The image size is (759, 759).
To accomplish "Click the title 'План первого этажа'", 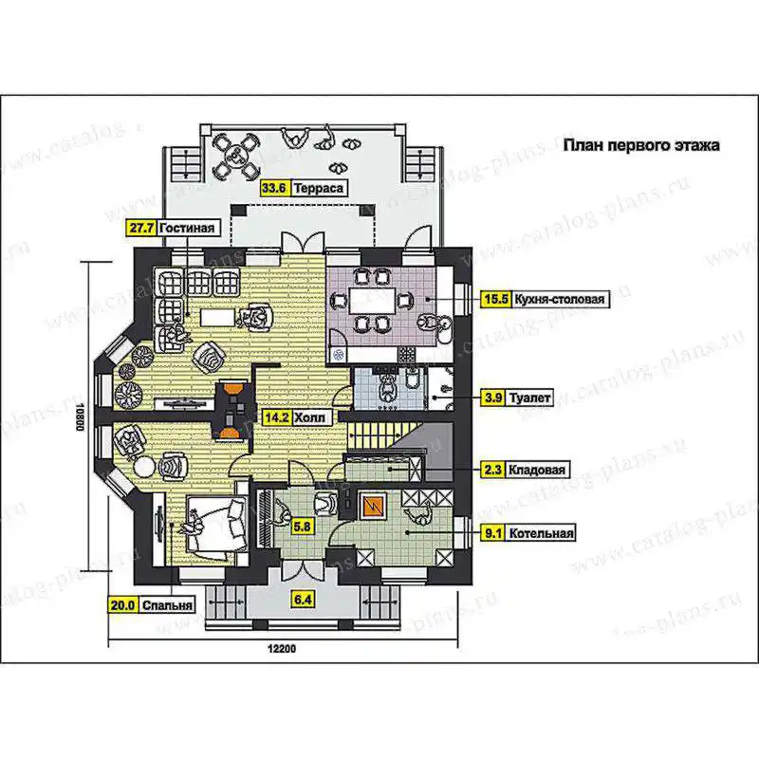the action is pos(641,145).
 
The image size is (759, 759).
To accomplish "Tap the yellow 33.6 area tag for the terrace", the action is pos(274,187).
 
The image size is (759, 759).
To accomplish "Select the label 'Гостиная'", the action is pos(187,228).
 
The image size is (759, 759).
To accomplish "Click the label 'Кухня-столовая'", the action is pos(560,299).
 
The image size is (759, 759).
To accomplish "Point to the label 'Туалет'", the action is pos(529,398).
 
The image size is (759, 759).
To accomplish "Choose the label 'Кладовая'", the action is pos(536,470).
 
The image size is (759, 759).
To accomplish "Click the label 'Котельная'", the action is pos(541,533).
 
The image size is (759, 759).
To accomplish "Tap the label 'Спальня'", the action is pos(168,604).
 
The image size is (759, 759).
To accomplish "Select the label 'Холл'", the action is pos(310,417).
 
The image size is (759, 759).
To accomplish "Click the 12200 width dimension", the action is pos(282,649).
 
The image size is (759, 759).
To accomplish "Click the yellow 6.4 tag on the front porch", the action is pos(303,600).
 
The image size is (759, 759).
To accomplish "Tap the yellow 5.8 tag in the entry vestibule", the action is pos(302,526).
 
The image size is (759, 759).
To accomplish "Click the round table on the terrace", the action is pos(236,156).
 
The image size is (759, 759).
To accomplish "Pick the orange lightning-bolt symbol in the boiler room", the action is pos(373,506).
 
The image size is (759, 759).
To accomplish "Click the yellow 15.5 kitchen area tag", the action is pos(496,299).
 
